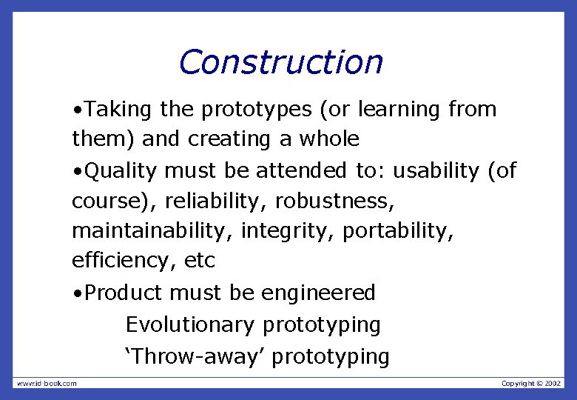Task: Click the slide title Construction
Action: point(280,62)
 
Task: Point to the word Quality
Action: point(121,171)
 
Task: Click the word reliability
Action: point(213,201)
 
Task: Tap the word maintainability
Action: point(154,232)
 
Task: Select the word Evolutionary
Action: point(190,325)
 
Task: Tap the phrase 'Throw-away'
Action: point(195,356)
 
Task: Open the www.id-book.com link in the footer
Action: point(47,383)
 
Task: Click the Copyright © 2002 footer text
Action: point(531,383)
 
